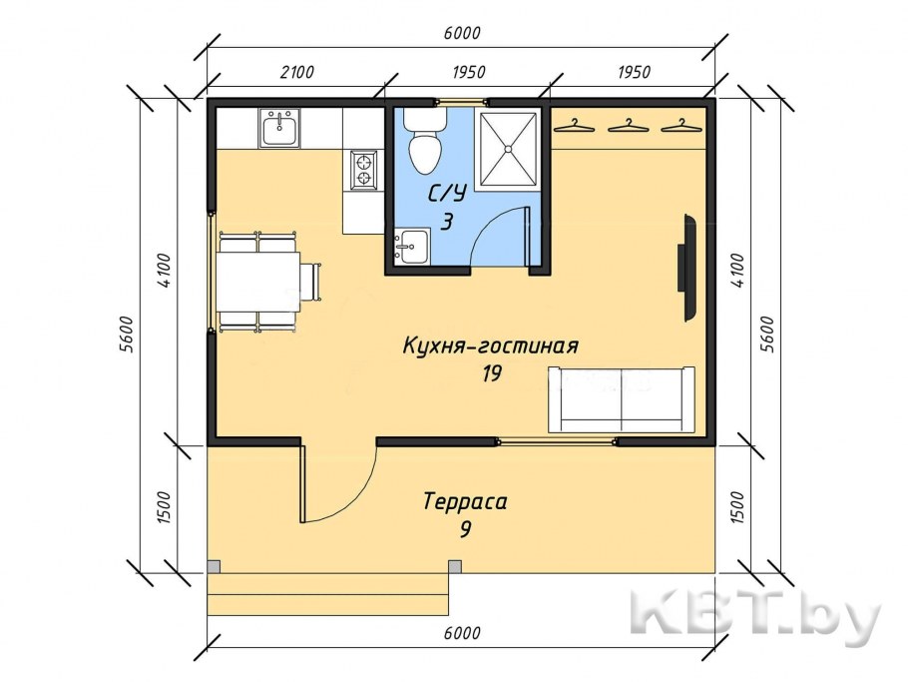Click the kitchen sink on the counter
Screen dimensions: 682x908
click(279, 128)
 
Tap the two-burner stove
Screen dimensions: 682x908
click(363, 169)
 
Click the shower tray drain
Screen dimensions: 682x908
click(509, 148)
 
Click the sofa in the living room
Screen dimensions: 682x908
click(621, 397)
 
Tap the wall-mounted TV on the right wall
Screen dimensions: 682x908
click(688, 268)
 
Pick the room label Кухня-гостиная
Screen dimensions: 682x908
click(490, 346)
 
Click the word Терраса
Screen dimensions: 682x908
click(464, 501)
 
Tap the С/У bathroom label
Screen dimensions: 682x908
click(447, 194)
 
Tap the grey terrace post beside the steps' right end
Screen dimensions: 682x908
click(455, 566)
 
